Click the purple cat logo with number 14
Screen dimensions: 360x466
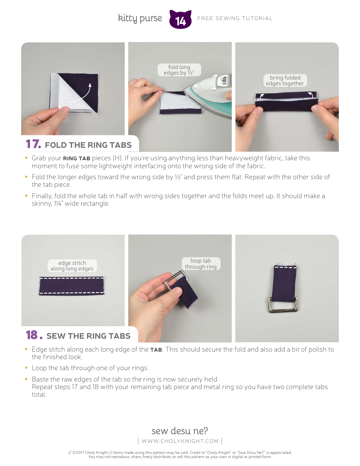tap(180, 19)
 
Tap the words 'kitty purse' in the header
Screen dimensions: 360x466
tap(140, 19)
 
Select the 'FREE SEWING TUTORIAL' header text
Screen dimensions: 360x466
tap(235, 19)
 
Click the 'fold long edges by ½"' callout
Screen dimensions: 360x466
tap(179, 70)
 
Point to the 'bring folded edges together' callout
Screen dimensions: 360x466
tap(285, 80)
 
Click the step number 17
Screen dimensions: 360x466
tap(33, 144)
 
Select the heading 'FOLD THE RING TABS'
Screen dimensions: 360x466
tap(88, 145)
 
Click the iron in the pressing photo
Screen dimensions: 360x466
tap(209, 95)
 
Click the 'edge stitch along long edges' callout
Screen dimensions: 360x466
tap(72, 266)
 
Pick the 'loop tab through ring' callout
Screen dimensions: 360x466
tap(201, 264)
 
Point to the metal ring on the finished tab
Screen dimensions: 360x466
tap(283, 305)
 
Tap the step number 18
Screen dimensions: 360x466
tap(34, 335)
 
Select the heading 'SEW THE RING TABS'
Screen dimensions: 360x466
tap(88, 336)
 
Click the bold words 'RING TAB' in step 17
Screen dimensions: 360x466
tap(77, 158)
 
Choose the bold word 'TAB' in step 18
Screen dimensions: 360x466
tap(156, 350)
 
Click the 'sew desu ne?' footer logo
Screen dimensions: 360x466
tap(180, 431)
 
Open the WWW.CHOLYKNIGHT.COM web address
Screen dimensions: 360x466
tap(180, 441)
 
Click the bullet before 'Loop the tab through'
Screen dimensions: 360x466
tap(26, 368)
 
